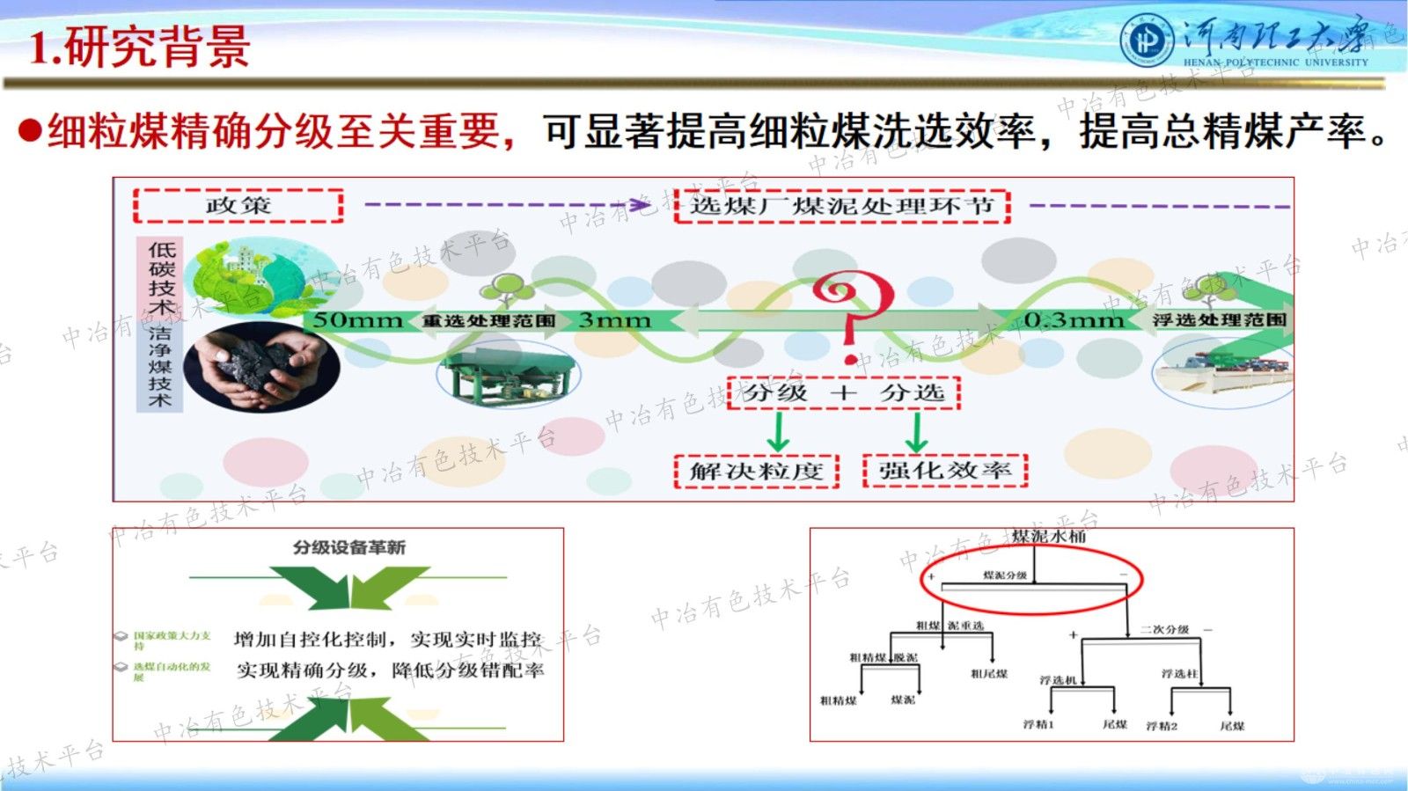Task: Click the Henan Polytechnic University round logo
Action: tap(1147, 40)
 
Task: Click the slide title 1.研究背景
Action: tap(140, 47)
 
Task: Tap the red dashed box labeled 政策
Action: tap(238, 206)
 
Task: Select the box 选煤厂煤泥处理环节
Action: tap(841, 207)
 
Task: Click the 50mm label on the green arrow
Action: tap(357, 320)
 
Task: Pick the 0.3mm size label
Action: tap(1074, 320)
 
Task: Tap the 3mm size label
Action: tap(614, 320)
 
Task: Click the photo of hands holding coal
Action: tap(261, 366)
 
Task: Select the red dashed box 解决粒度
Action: tap(756, 471)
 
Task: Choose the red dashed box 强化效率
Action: tap(945, 470)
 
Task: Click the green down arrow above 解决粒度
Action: tap(778, 431)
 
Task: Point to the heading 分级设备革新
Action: tap(349, 547)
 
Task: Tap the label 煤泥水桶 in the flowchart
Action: tap(1048, 536)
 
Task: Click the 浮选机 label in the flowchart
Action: tap(1058, 680)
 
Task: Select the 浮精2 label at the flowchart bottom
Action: tap(1162, 726)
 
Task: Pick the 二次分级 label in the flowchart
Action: tap(1164, 630)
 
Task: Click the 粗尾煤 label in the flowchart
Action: tap(989, 674)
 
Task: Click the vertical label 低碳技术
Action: tap(161, 278)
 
